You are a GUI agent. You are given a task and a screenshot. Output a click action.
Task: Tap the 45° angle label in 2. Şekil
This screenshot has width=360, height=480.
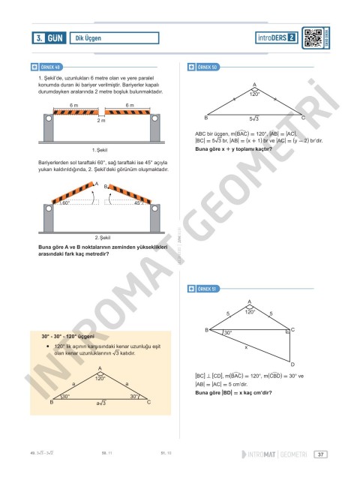point(137,202)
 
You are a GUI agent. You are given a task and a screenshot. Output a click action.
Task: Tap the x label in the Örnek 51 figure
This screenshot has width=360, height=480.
point(256,347)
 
